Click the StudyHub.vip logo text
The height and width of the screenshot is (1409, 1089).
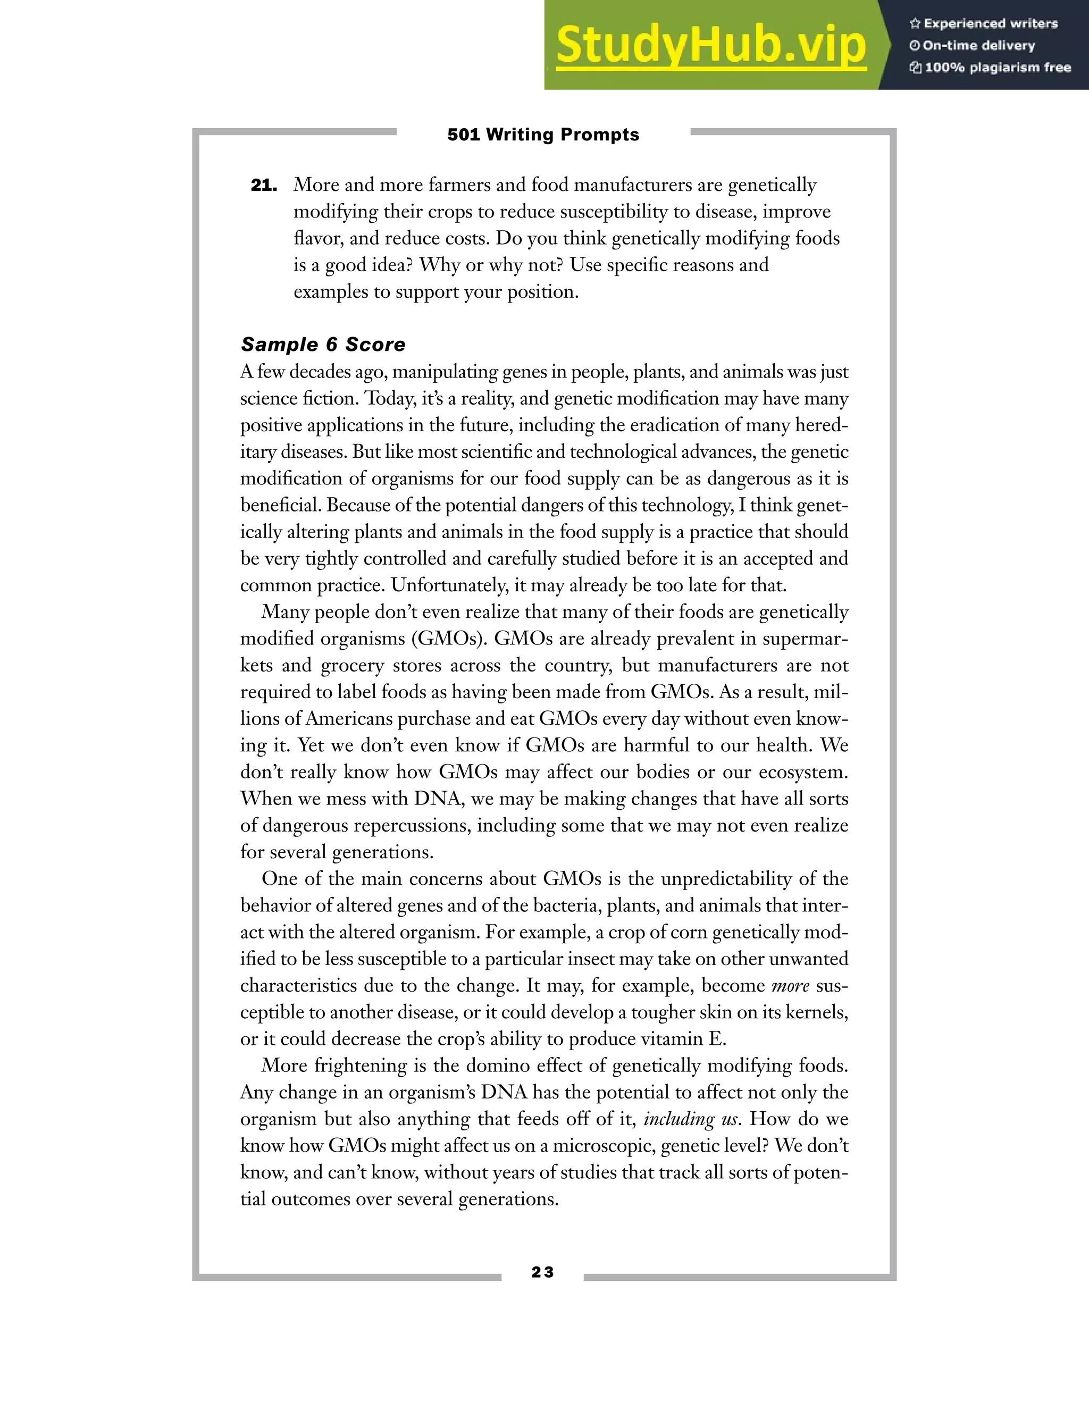710,46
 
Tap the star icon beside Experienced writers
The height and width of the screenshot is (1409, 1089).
914,24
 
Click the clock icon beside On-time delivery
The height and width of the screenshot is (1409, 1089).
914,46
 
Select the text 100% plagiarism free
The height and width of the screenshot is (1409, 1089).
998,68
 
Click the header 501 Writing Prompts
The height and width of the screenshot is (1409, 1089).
543,135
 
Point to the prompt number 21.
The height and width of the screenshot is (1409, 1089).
264,186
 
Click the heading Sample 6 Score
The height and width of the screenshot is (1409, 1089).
323,345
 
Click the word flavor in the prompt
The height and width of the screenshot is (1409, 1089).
318,239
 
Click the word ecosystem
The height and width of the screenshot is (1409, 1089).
801,772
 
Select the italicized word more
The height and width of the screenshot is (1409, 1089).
790,986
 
